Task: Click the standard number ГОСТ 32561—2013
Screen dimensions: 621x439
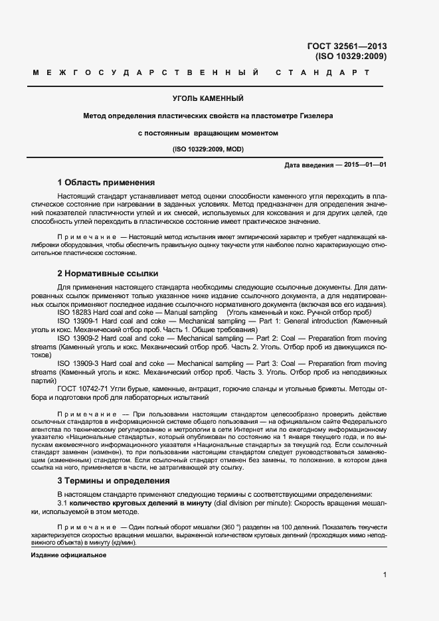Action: [347, 46]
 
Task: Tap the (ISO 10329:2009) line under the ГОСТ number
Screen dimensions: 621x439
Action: [351, 56]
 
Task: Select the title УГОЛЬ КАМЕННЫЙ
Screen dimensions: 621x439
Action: [208, 98]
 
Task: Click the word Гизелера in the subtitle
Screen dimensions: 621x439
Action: [315, 116]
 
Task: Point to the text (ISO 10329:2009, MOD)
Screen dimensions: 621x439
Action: [208, 149]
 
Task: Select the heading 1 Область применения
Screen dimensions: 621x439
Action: [106, 182]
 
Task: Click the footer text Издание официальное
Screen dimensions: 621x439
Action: [68, 555]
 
